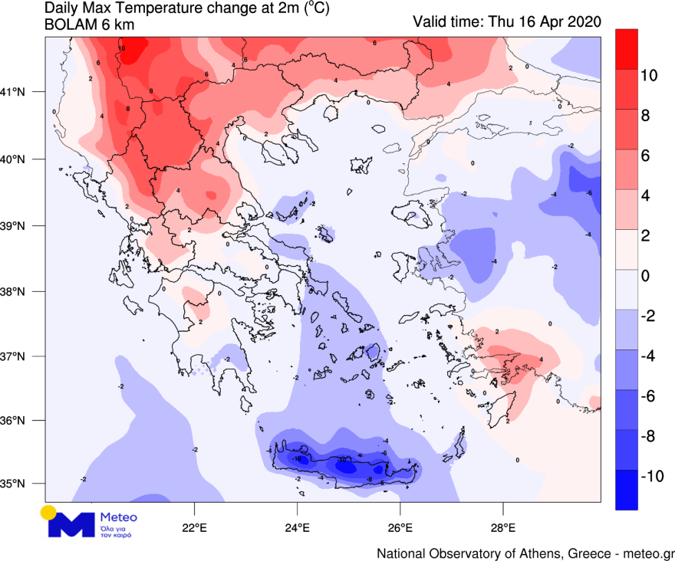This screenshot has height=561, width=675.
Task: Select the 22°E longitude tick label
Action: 195,527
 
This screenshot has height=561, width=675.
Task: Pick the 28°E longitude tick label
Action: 503,527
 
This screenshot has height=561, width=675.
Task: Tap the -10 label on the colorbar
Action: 652,476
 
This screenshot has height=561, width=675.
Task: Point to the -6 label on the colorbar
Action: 649,396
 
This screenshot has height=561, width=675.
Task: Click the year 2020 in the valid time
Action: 584,21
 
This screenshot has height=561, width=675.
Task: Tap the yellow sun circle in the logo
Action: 49,512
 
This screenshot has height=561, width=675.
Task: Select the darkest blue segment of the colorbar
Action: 627,490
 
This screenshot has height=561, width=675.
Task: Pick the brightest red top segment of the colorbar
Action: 627,49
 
